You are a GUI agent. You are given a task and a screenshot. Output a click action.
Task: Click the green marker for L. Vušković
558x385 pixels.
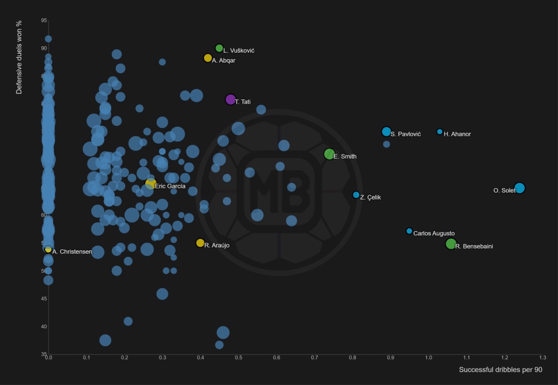[x=219, y=48]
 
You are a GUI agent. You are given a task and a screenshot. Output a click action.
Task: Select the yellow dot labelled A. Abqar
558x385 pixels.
[x=208, y=58]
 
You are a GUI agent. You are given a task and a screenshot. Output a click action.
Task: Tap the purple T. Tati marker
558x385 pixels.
[x=230, y=99]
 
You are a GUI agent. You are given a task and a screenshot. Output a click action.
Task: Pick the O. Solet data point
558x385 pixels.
[x=519, y=188]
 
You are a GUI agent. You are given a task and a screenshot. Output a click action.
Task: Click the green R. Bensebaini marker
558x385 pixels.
[x=450, y=244]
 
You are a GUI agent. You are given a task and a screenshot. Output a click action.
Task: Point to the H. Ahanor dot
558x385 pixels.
[x=440, y=132]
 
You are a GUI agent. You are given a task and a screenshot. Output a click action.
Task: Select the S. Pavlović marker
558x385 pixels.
[x=386, y=132]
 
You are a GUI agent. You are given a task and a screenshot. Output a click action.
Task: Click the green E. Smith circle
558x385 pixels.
[x=329, y=154]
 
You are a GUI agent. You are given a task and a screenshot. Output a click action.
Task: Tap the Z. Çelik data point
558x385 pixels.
[x=356, y=195]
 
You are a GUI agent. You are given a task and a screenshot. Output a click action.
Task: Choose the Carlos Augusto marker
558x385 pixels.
[x=409, y=231]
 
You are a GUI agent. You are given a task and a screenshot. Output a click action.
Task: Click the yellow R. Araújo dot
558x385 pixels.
[x=200, y=243]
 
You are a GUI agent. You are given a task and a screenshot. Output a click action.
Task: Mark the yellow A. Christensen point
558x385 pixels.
[x=49, y=249]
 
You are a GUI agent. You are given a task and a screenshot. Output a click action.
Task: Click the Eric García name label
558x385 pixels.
[x=170, y=186]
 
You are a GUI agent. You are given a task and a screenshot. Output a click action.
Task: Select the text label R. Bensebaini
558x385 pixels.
[x=474, y=246]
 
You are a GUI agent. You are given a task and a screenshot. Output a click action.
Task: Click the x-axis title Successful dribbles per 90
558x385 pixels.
[x=501, y=370]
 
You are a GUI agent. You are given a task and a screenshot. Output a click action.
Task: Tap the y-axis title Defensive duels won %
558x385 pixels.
[x=19, y=57]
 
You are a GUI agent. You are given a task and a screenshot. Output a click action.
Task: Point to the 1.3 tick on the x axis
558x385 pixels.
[x=543, y=357]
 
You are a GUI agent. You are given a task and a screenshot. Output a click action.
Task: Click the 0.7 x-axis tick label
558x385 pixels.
[x=315, y=357]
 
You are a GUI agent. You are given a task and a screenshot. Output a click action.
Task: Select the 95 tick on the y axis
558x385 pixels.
[x=44, y=20]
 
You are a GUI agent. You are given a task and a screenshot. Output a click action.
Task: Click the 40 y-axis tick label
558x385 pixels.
[x=44, y=326]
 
